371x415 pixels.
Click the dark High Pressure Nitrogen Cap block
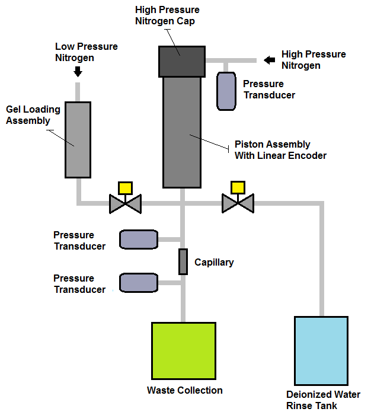(x=181, y=62)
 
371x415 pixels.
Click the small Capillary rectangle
(x=183, y=261)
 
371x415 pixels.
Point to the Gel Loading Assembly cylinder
(x=78, y=140)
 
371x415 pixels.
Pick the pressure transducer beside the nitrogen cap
(x=226, y=91)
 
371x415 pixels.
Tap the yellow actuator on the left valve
(x=125, y=188)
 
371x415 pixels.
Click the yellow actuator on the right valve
(x=238, y=188)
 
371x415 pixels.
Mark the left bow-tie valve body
(x=125, y=204)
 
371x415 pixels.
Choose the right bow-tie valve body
(x=238, y=204)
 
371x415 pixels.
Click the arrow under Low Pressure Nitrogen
(x=78, y=71)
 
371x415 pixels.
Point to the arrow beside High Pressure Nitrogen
(x=270, y=60)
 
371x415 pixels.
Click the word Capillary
(x=214, y=262)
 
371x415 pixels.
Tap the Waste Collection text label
(x=185, y=391)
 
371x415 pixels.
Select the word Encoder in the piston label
(x=308, y=155)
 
